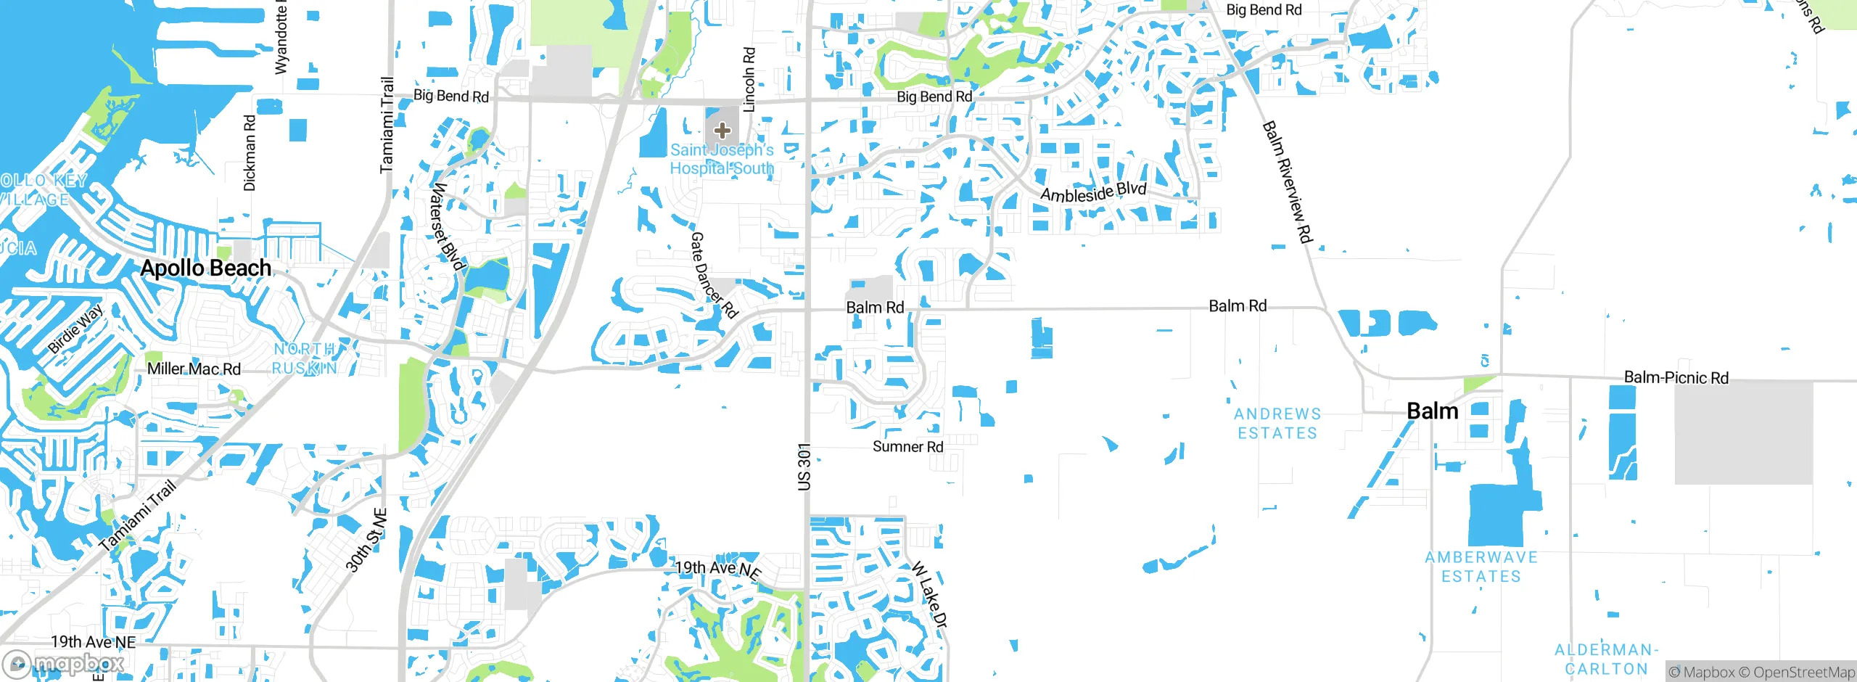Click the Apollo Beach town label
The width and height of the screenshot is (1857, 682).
(x=206, y=268)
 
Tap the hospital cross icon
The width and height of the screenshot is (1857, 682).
(x=722, y=131)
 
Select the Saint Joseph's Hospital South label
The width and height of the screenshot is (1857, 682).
(x=722, y=159)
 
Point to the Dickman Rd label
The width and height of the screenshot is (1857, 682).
(x=250, y=153)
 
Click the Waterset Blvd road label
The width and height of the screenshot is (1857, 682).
(x=447, y=226)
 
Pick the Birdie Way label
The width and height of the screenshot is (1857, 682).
(x=75, y=329)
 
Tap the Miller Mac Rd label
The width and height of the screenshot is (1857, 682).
(x=194, y=369)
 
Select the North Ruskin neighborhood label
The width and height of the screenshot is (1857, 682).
(x=305, y=358)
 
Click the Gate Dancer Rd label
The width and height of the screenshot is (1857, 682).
(x=713, y=275)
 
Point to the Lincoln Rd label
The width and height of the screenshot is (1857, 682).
(x=749, y=80)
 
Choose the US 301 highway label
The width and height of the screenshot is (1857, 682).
(x=804, y=467)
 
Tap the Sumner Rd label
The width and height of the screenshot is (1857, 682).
(x=907, y=447)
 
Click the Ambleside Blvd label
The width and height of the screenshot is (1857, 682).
(x=1093, y=193)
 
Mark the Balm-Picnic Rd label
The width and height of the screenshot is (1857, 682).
(x=1676, y=377)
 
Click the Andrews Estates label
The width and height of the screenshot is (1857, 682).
(x=1277, y=424)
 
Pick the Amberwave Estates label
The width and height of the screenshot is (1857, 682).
(x=1481, y=567)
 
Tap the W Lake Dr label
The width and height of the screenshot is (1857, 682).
(x=929, y=594)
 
